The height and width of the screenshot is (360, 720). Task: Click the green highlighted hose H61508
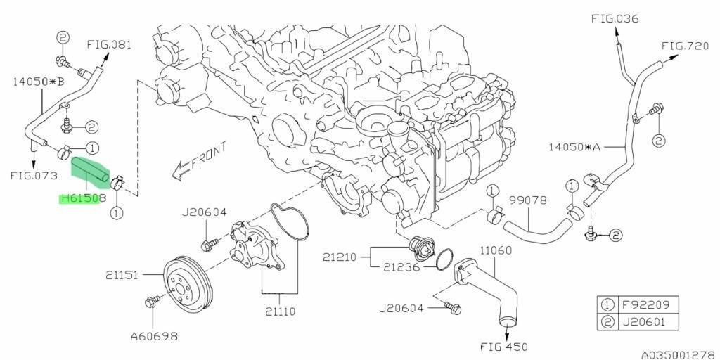89,172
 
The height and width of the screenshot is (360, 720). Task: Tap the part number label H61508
83,198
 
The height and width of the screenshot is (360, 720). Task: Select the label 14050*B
38,82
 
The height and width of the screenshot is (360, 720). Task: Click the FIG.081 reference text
109,44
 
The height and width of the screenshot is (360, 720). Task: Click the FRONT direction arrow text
210,154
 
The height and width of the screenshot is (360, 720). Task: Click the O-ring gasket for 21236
443,262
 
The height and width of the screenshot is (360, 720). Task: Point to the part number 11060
496,250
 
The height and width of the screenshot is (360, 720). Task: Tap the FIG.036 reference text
615,19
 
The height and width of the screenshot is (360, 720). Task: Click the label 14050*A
574,148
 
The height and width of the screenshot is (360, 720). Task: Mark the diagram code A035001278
676,354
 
